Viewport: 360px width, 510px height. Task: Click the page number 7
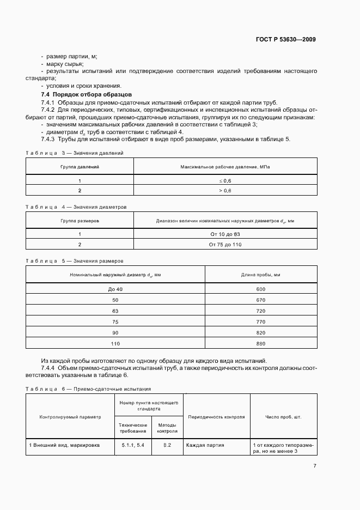pyautogui.click(x=315, y=465)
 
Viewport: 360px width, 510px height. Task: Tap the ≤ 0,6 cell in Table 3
pyautogui.click(x=224, y=180)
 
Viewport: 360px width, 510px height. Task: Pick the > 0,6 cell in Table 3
pyautogui.click(x=224, y=190)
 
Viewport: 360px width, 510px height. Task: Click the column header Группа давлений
pyautogui.click(x=80, y=166)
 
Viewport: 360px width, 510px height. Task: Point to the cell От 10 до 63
pyautogui.click(x=224, y=234)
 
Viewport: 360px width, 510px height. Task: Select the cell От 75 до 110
pyautogui.click(x=224, y=244)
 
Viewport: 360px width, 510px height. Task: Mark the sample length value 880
pyautogui.click(x=260, y=344)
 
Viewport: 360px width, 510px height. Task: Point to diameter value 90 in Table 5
pyautogui.click(x=115, y=333)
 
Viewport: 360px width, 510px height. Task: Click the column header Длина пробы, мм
pyautogui.click(x=260, y=274)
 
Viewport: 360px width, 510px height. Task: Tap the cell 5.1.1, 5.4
pyautogui.click(x=133, y=445)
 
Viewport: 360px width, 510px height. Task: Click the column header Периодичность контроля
pyautogui.click(x=216, y=417)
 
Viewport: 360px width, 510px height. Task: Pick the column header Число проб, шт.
pyautogui.click(x=283, y=417)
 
